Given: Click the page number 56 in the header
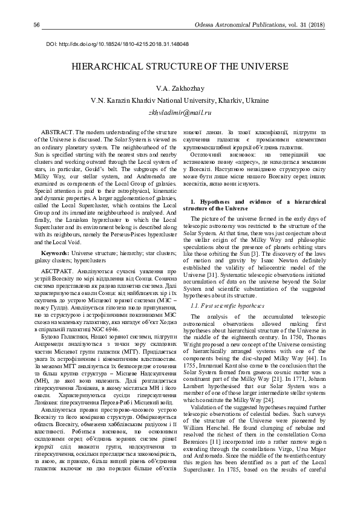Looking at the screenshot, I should [37, 24].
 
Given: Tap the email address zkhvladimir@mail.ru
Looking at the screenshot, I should [180, 112].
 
